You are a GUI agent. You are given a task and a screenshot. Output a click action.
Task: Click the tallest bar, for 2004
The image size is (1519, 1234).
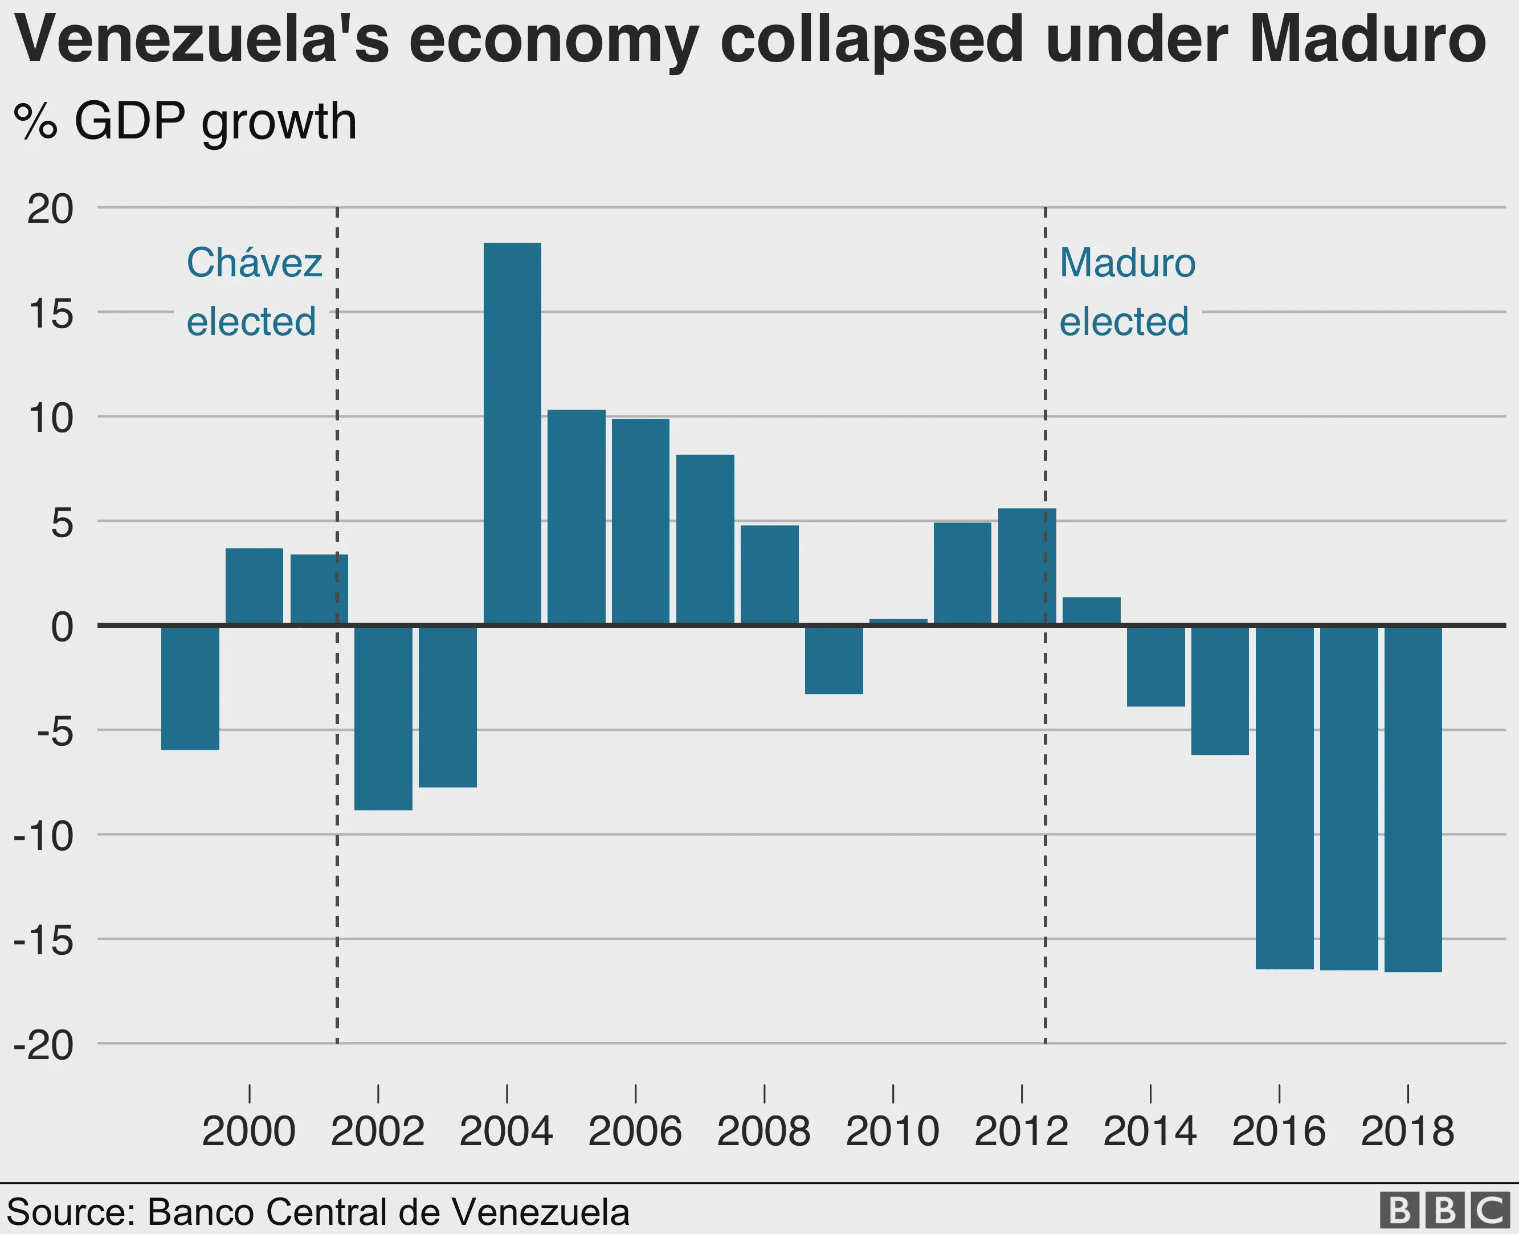point(512,434)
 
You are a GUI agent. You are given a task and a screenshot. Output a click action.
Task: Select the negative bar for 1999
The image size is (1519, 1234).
point(190,687)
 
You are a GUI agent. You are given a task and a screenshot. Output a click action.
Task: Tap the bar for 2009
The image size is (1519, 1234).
point(834,659)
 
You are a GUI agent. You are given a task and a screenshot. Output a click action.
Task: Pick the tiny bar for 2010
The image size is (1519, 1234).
point(898,621)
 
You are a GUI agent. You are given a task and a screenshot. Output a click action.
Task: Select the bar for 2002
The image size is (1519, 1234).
point(383,717)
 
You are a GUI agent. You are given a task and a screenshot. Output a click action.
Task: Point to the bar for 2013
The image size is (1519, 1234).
point(1091,611)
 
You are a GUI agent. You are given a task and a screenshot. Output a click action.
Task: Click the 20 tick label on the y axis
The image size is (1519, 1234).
point(50,209)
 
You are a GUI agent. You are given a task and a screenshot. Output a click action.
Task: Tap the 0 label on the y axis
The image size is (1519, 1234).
point(62,627)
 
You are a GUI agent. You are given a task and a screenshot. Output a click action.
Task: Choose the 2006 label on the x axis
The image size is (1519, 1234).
point(635,1131)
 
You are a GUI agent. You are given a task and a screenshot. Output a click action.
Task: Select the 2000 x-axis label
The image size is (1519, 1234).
point(249,1131)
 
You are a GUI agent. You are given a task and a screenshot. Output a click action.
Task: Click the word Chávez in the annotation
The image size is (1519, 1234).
point(254,263)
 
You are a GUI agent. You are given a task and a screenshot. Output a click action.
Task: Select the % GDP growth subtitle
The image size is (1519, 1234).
point(185,122)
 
